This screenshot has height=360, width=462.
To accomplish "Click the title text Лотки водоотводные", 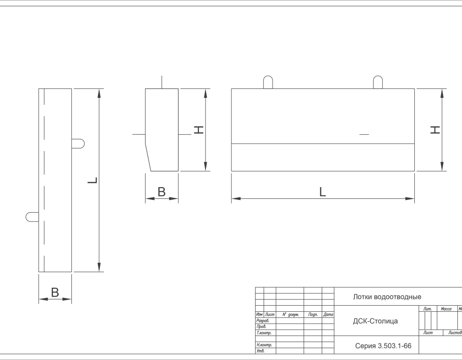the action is point(387,297).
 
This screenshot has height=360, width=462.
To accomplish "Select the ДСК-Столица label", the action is point(376,321).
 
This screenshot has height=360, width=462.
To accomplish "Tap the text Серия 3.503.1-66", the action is point(383,346).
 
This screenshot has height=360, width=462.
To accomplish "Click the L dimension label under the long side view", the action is point(323,192).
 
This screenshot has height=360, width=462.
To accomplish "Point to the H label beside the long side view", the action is point(435,129).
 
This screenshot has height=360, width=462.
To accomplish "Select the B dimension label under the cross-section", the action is point(162,192).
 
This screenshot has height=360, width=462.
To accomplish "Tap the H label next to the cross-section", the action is point(199,129).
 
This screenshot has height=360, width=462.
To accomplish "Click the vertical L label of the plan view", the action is point(93,180).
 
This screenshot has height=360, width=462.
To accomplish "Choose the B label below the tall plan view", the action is point(55,292).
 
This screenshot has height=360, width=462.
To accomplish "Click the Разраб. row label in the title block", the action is point(263,320).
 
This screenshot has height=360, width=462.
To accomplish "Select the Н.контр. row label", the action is point(264,345).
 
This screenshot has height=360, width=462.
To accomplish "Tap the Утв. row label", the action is point(260,351).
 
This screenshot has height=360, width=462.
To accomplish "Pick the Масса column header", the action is point(446,309).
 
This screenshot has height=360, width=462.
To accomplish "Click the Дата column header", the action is point(328,315).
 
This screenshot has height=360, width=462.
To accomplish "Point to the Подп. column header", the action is point(313,315).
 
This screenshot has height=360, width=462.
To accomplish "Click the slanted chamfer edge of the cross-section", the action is point(148,157).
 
